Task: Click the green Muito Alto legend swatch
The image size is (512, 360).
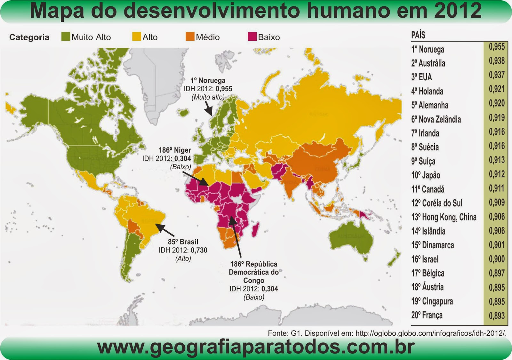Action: click(66, 36)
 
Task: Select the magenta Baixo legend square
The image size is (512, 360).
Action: click(252, 36)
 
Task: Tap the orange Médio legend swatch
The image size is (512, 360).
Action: click(190, 36)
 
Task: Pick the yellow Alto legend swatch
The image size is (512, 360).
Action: click(137, 36)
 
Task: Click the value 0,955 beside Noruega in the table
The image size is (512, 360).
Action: click(497, 47)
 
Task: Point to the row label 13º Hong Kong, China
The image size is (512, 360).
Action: click(444, 217)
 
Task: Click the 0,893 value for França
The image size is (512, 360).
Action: click(497, 316)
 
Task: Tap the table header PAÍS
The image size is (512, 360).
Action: click(418, 35)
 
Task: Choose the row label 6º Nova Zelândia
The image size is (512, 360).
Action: click(436, 119)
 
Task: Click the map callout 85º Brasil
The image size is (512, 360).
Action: click(183, 242)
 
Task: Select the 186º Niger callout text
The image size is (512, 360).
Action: click(175, 150)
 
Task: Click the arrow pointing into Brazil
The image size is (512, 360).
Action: click(164, 230)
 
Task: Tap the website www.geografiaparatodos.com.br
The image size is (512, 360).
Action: click(256, 347)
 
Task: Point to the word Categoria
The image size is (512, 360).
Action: click(29, 37)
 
